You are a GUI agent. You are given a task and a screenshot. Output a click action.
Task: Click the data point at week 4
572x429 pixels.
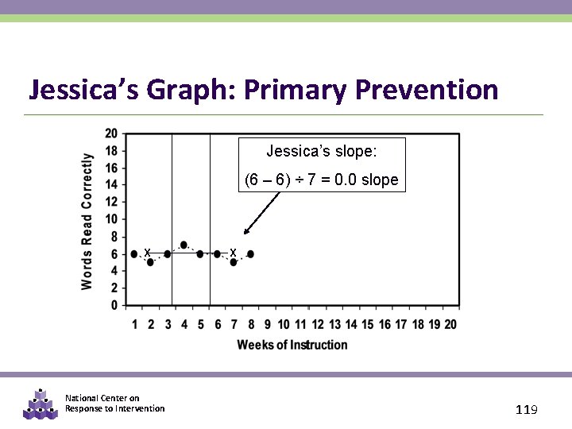coord(184,245)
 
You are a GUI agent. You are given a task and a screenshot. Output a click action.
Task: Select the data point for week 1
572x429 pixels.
coord(133,253)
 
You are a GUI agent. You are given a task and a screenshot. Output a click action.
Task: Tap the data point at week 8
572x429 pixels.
coord(250,253)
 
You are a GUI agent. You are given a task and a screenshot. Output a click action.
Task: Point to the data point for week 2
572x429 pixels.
coord(150,262)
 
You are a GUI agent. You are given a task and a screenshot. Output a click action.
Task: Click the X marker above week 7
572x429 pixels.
coord(232,253)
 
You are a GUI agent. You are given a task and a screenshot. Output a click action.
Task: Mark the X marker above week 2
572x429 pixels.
coord(148,253)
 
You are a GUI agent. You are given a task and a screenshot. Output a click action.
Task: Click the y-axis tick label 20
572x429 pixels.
coord(111,133)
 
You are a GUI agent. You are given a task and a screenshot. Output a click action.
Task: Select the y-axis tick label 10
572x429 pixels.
coord(111,219)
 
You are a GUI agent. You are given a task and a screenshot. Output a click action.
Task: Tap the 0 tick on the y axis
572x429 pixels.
coord(114,305)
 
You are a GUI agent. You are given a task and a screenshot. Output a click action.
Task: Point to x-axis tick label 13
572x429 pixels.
coord(334,324)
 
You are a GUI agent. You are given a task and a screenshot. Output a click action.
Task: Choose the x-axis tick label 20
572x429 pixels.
coord(450,324)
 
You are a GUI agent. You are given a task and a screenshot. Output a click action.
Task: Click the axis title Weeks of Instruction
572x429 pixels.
coord(292,345)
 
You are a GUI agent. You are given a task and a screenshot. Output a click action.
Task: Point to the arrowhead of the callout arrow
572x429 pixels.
coord(245,233)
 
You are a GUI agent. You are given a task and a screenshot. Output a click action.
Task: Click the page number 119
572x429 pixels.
coord(527,410)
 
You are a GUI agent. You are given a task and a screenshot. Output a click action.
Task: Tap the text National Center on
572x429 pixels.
coord(102,398)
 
